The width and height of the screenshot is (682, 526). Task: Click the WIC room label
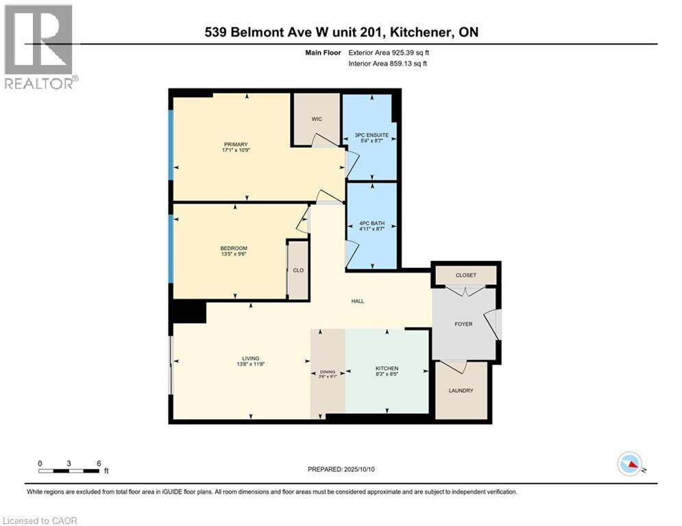coord(317,119)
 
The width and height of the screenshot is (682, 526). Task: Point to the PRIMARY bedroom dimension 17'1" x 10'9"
coord(234,151)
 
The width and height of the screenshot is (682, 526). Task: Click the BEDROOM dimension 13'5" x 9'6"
coord(234,254)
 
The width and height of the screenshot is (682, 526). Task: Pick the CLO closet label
coord(297,271)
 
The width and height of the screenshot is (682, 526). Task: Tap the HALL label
coord(357,301)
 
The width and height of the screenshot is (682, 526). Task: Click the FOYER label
coord(463,324)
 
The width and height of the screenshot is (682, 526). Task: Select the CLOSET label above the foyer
coord(465,275)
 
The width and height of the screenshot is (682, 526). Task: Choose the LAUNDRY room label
coord(461,390)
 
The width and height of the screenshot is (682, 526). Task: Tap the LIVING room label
coord(250,358)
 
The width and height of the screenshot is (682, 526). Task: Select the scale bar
coord(69,471)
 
